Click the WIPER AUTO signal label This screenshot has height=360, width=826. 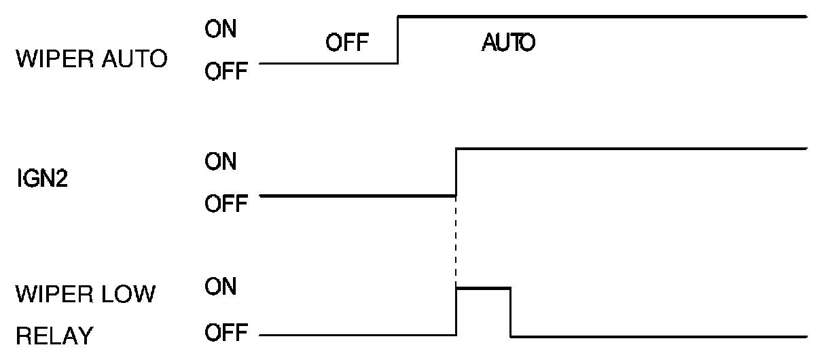pos(91,59)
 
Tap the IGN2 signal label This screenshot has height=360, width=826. pos(41,183)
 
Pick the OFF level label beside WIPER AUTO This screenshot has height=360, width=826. pos(225,71)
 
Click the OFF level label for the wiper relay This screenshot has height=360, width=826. pos(225,334)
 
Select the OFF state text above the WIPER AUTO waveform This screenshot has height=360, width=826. pos(346,45)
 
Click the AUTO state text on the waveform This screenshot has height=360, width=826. pos(508,45)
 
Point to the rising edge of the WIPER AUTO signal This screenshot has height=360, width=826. pos(398,39)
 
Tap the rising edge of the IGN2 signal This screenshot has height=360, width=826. pos(456,171)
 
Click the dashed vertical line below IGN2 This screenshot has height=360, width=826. pos(456,241)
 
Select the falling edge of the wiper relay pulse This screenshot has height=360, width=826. pos(511,312)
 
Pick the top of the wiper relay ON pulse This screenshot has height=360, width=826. pos(483,289)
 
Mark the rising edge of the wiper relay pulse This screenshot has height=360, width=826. pos(456,312)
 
